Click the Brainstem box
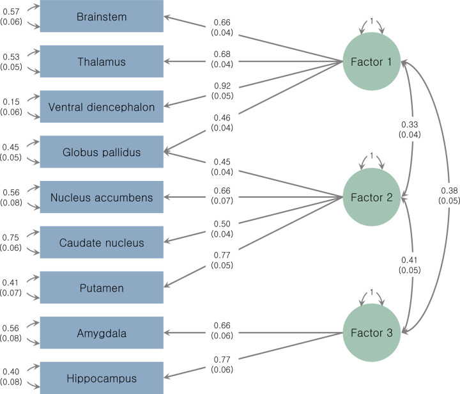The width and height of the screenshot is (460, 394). pyautogui.click(x=102, y=16)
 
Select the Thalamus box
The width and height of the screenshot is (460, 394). pyautogui.click(x=102, y=61)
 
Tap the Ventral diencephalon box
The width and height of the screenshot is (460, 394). pyautogui.click(x=102, y=107)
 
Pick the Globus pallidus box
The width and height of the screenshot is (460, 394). pyautogui.click(x=102, y=152)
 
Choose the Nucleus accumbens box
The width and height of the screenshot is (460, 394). pyautogui.click(x=102, y=197)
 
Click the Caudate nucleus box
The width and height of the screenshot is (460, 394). pyautogui.click(x=102, y=242)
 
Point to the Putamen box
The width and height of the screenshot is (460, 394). pyautogui.click(x=102, y=287)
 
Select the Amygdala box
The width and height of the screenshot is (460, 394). pyautogui.click(x=102, y=333)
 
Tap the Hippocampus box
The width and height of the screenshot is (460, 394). pyautogui.click(x=102, y=377)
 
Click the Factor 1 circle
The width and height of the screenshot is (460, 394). pyautogui.click(x=371, y=61)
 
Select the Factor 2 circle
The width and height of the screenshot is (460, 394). pyautogui.click(x=371, y=197)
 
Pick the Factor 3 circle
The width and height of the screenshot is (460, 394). pyautogui.click(x=371, y=333)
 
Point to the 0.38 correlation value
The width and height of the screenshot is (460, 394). pyautogui.click(x=448, y=190)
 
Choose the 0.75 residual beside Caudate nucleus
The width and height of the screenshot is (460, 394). pyautogui.click(x=10, y=238)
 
